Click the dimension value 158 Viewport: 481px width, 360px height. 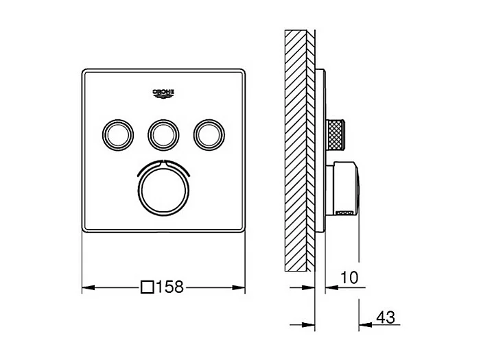pyautogui.click(x=169, y=287)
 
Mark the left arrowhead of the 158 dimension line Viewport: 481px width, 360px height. pyautogui.click(x=86, y=288)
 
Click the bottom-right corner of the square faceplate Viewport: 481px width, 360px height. pyautogui.click(x=243, y=230)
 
